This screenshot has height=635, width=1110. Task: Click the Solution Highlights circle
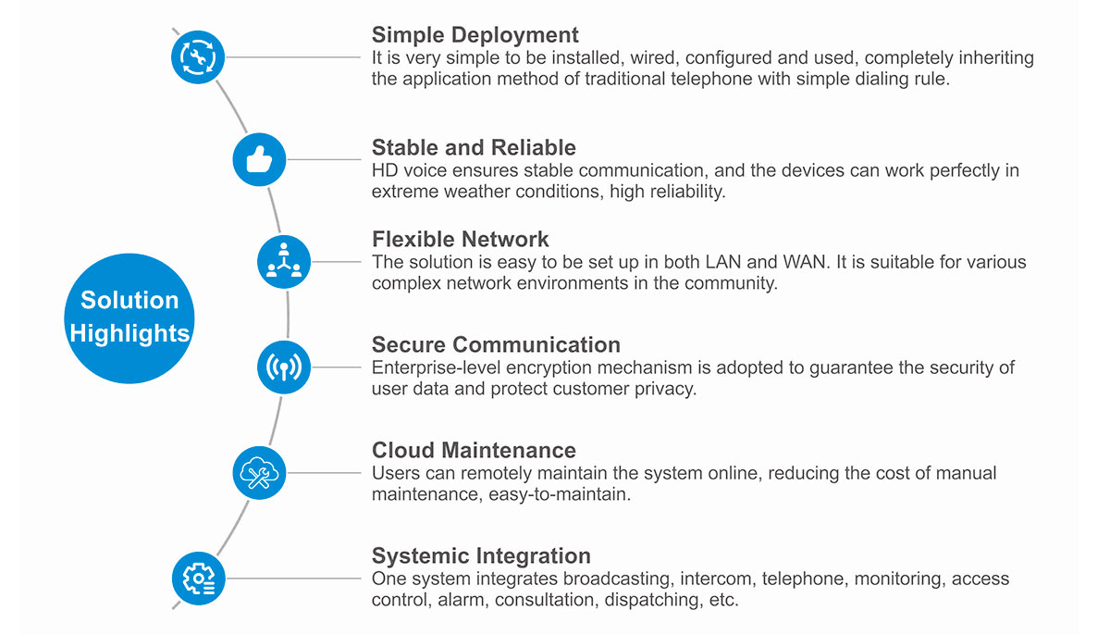tap(129, 318)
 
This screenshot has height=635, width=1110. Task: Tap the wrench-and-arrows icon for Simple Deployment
tap(198, 57)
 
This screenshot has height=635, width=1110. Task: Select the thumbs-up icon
tap(259, 159)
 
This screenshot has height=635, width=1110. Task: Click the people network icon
tap(284, 262)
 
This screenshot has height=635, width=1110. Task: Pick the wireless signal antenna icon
tap(284, 367)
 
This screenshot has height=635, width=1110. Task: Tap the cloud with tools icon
tap(259, 473)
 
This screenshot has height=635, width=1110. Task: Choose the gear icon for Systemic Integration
tap(199, 579)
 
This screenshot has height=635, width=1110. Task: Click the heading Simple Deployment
tap(475, 34)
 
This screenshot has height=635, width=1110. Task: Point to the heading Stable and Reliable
tap(474, 147)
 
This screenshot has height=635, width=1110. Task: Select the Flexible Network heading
tap(461, 239)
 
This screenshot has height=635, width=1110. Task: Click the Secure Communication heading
tap(496, 344)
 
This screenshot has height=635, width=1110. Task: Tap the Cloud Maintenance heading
tap(474, 450)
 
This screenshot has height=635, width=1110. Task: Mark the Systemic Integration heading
tap(481, 555)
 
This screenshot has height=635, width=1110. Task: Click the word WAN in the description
tap(807, 262)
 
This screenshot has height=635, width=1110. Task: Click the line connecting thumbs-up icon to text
tap(324, 159)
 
